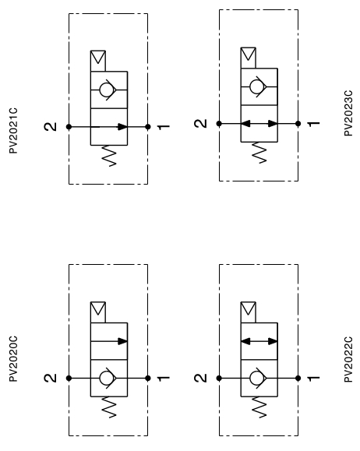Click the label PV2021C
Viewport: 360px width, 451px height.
pyautogui.click(x=13, y=131)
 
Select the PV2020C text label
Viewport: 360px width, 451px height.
pyautogui.click(x=13, y=358)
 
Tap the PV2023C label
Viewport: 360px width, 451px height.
pyautogui.click(x=348, y=113)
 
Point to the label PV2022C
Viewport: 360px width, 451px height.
pyautogui.click(x=348, y=359)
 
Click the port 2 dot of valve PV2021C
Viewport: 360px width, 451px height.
pyautogui.click(x=69, y=126)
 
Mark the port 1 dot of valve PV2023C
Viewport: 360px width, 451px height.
pyautogui.click(x=298, y=124)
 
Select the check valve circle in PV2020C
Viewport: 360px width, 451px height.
pyautogui.click(x=106, y=378)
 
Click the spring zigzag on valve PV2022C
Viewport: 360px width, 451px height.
pyautogui.click(x=259, y=407)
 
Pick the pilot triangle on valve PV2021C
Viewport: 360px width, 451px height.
pyautogui.click(x=98, y=57)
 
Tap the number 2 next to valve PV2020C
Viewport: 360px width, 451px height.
pyautogui.click(x=51, y=378)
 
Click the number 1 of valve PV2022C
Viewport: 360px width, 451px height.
pyautogui.click(x=314, y=379)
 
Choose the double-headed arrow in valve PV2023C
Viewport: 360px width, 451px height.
pyautogui.click(x=259, y=124)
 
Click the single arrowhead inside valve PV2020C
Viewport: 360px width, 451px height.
pyautogui.click(x=122, y=341)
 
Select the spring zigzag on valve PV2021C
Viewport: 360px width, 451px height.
pyautogui.click(x=109, y=156)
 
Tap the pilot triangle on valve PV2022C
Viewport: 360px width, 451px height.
pyautogui.click(x=248, y=308)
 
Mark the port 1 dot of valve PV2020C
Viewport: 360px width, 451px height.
pyautogui.click(x=148, y=379)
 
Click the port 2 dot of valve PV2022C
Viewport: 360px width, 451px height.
pyautogui.click(x=219, y=379)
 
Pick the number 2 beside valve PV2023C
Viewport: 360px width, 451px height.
pyautogui.click(x=201, y=124)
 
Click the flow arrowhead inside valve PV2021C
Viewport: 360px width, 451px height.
pyautogui.click(x=122, y=126)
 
